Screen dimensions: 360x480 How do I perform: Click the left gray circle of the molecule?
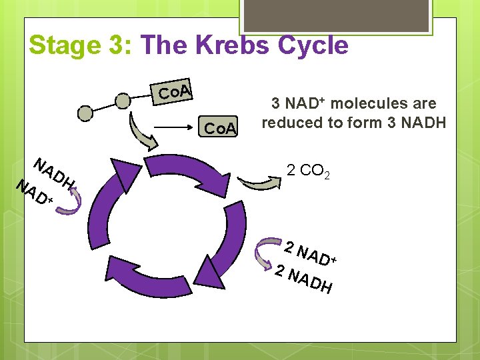tap(85, 113)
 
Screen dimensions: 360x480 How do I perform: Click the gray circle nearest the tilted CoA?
tap(123, 101)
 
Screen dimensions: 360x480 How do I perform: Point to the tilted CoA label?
tap(175, 91)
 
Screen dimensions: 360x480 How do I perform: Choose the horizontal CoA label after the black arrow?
tap(220, 128)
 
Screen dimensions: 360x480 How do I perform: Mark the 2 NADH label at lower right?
tap(304, 279)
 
